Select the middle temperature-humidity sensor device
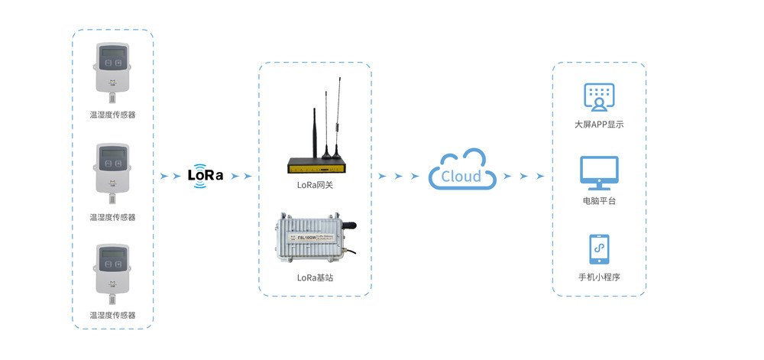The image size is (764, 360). point(112,168)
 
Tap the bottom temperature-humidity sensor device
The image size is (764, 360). point(112,268)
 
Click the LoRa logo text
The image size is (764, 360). point(206,174)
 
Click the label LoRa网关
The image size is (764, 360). point(315,185)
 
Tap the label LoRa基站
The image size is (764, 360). point(315,277)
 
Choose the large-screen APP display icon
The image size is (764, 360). point(599,97)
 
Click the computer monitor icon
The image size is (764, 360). point(599,173)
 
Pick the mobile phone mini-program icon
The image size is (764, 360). point(599,249)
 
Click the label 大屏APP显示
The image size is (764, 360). point(599,124)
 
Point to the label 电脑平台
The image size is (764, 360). point(599,201)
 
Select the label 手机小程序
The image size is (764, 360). point(599,277)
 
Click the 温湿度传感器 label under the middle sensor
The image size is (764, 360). point(112,217)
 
